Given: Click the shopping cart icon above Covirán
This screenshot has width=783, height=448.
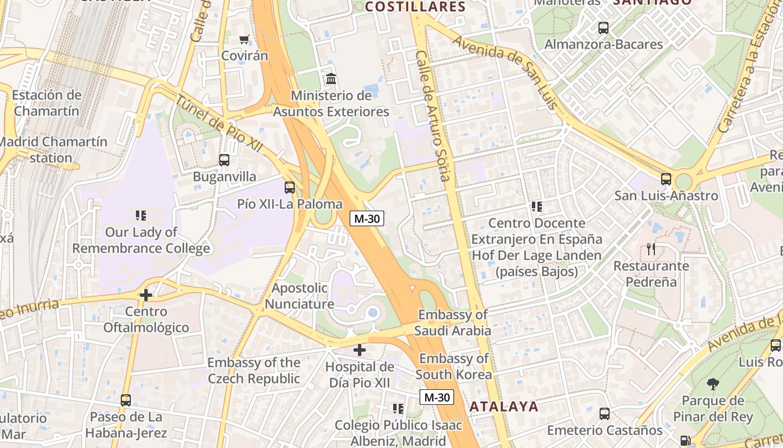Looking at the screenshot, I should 244,40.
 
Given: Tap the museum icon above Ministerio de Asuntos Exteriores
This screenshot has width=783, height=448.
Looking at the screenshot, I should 331,79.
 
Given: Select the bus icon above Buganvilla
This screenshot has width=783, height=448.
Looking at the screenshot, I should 224,160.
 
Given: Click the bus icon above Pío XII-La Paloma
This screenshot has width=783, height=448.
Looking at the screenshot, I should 289,188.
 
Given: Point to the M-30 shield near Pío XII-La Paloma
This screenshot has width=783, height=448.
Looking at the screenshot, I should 367,219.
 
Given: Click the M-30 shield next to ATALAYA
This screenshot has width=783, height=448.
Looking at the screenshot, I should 436,398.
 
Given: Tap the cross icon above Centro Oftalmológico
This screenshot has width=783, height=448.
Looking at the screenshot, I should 146,295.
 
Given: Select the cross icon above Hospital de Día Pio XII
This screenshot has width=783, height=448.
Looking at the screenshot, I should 360,351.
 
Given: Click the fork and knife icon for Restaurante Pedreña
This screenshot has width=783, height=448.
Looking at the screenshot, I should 650,249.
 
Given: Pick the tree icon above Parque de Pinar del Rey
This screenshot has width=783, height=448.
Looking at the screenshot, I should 713,384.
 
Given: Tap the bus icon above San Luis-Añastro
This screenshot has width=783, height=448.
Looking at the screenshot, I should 666,179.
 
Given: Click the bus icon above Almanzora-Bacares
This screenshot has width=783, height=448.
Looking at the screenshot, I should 603,27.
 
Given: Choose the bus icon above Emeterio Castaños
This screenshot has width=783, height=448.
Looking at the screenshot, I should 604,414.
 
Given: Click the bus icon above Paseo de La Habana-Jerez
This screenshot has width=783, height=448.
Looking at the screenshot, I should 126,400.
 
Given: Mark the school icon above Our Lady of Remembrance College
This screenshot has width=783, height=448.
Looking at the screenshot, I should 140,216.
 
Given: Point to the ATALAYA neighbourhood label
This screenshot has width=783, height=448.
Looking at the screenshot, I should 503,407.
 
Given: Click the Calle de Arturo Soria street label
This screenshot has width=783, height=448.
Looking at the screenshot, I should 433,116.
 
